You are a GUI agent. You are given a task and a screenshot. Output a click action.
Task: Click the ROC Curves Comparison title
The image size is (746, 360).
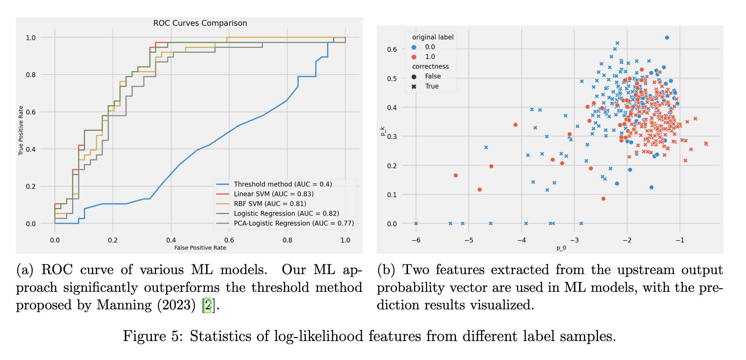(200, 23)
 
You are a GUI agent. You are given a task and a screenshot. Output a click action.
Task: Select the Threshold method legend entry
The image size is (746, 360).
(283, 184)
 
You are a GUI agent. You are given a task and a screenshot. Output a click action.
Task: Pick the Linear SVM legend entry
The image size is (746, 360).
(273, 194)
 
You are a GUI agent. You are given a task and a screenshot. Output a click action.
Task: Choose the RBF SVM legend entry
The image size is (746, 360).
(270, 204)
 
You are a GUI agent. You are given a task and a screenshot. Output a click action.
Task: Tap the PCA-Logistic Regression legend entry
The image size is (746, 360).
(294, 223)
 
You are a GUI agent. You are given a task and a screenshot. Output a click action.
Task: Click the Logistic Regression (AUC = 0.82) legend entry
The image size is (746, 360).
(286, 213)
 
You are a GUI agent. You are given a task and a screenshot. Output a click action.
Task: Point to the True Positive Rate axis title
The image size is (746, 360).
(21, 131)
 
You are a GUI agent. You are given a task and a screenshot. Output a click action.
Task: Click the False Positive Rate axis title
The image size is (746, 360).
(200, 248)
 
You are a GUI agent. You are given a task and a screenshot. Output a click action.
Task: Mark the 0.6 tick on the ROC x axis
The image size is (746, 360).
(229, 240)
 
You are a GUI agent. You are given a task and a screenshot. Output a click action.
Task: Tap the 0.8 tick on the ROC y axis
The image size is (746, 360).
(30, 75)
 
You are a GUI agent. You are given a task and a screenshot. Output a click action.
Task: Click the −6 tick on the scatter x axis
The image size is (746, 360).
(416, 240)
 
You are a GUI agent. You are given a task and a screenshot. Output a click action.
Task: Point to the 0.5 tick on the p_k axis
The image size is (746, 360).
(392, 79)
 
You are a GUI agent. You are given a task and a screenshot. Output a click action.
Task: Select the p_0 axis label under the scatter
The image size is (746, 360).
(561, 248)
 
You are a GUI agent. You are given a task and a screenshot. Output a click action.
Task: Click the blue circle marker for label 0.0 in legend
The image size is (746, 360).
(414, 47)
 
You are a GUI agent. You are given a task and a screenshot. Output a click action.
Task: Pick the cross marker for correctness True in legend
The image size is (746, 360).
(414, 87)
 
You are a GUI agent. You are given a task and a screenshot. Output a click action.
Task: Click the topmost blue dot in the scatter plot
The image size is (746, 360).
(667, 38)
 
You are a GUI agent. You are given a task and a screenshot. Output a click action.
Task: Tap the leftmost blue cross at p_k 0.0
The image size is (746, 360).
(416, 223)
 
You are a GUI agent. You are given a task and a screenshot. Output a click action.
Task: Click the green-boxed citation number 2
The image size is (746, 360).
(207, 305)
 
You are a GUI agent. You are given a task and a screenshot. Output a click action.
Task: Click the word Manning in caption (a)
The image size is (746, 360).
(124, 305)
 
